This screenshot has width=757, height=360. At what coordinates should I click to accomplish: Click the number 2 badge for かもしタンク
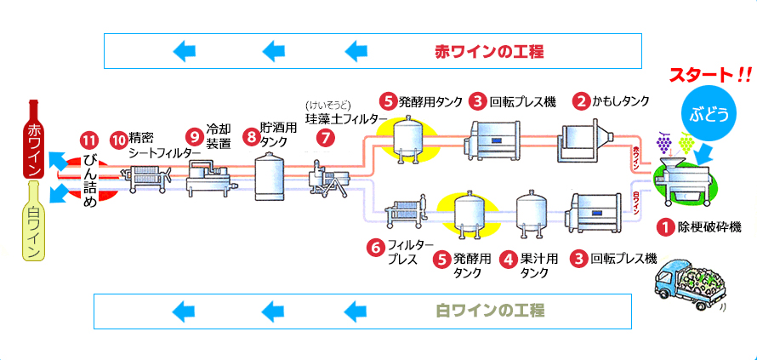[x=582, y=101]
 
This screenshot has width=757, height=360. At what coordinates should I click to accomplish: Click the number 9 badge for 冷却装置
[x=194, y=135]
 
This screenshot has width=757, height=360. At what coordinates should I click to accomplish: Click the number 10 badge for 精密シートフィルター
[x=118, y=138]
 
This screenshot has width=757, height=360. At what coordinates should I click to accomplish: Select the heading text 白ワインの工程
[x=489, y=310]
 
